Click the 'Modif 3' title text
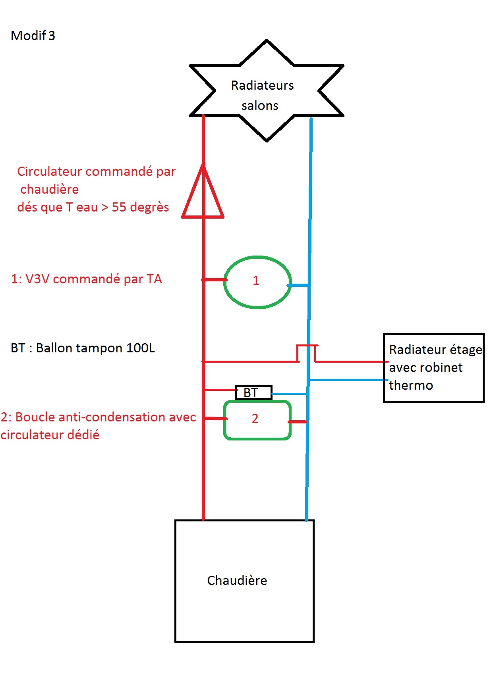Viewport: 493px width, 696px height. [33, 36]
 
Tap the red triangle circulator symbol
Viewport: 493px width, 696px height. [203, 194]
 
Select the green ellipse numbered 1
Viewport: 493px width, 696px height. [257, 282]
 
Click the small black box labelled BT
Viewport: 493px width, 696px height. [253, 393]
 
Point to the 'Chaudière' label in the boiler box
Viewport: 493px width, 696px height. [237, 581]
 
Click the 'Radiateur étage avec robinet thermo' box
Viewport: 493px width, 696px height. [433, 368]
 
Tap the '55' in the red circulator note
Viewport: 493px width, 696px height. [119, 207]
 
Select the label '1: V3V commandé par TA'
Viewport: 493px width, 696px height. [86, 279]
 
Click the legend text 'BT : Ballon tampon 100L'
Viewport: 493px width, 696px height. [83, 348]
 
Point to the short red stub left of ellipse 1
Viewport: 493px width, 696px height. [214, 280]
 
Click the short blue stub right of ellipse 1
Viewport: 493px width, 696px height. [298, 285]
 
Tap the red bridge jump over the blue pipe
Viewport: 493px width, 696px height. [307, 346]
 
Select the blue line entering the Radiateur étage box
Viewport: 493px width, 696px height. [348, 380]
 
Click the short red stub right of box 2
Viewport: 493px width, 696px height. [297, 421]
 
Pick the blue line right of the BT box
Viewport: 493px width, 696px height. [289, 394]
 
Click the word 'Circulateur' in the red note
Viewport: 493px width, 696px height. [49, 171]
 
